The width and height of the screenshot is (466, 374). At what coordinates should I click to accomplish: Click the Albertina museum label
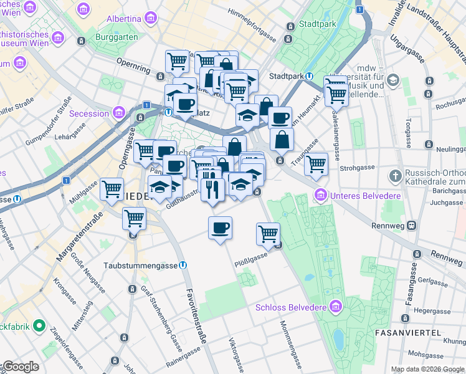pos(123,19)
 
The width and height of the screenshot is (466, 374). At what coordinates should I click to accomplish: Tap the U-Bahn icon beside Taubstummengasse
pos(183,264)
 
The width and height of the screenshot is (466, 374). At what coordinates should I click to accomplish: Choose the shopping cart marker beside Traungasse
pos(316,164)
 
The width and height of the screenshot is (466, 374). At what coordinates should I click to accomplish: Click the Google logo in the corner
pos(20,367)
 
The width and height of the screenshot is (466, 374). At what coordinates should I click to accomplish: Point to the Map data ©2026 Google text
pos(427,369)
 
